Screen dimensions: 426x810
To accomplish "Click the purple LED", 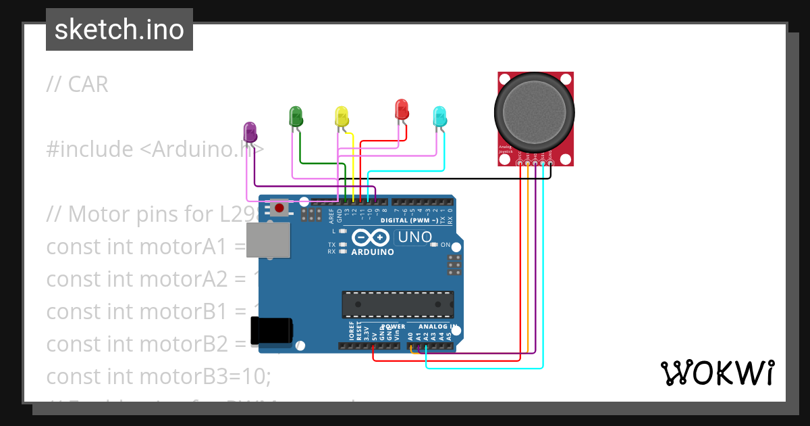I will click(x=250, y=132).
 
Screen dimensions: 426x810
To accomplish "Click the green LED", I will click(x=296, y=116).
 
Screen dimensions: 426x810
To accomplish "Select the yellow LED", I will click(x=342, y=116).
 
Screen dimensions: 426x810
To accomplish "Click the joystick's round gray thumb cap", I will click(x=534, y=112).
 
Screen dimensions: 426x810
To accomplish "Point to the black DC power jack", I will click(x=271, y=331).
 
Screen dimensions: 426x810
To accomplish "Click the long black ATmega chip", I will click(x=398, y=304).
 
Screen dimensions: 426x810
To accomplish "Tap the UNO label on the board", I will click(x=414, y=237).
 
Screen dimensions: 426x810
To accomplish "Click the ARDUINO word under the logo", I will click(x=373, y=252).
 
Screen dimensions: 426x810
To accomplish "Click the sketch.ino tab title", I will click(x=119, y=30).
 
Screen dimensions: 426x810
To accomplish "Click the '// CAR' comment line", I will click(x=77, y=85).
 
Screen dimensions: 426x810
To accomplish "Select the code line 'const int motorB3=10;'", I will click(x=158, y=376).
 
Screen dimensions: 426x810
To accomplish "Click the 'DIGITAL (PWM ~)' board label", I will click(x=407, y=220).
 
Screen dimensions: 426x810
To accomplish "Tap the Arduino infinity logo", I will click(x=371, y=238).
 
